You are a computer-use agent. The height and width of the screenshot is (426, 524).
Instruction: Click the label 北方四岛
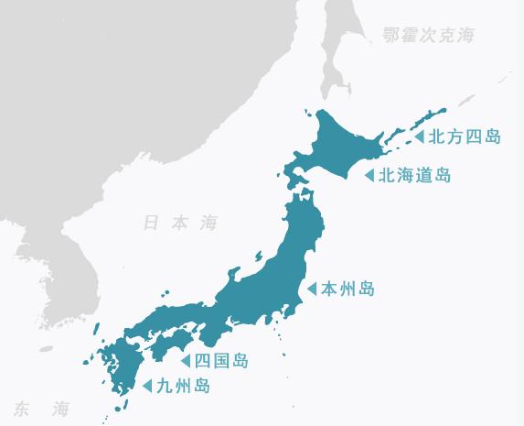(x=465, y=137)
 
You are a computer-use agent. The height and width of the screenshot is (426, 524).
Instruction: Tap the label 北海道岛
(x=414, y=175)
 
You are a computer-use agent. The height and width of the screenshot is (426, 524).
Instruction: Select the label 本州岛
(x=348, y=289)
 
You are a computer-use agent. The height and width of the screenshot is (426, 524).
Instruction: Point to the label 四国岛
(x=221, y=360)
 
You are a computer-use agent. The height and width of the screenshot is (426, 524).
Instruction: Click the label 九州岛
(x=183, y=387)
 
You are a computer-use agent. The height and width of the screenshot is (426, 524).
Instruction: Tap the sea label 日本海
(x=180, y=223)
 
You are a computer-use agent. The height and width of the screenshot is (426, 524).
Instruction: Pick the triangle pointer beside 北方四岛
(x=419, y=137)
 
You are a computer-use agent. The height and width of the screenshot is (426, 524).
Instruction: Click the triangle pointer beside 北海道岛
(x=369, y=175)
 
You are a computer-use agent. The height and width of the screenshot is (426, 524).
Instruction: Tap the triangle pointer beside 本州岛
(x=312, y=289)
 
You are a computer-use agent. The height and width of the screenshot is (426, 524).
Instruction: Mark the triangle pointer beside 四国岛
(x=186, y=360)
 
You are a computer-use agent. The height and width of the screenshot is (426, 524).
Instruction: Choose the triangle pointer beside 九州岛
(x=147, y=387)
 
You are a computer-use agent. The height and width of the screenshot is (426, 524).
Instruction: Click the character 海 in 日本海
(x=209, y=223)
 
